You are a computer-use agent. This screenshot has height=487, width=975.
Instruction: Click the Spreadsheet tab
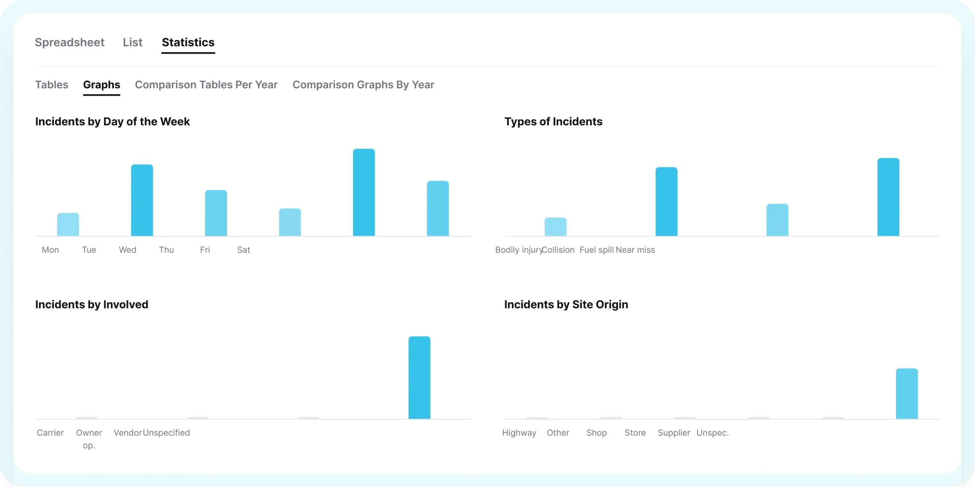tap(70, 42)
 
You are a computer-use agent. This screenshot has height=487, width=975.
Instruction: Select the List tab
tap(133, 42)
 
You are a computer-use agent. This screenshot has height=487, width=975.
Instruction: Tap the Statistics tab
tap(188, 42)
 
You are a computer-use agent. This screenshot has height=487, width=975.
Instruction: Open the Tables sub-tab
tap(52, 85)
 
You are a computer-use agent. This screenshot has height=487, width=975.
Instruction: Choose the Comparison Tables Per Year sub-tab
tap(206, 85)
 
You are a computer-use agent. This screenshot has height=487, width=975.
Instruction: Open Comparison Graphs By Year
tap(363, 85)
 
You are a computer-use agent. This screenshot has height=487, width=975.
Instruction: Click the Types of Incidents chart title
tap(553, 122)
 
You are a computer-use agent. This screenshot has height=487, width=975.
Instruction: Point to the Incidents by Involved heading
tap(92, 304)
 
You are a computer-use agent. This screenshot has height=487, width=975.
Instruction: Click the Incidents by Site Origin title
tap(566, 304)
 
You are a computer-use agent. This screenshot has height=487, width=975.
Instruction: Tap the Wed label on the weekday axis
tap(128, 250)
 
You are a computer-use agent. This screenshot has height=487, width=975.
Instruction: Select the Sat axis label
tap(244, 250)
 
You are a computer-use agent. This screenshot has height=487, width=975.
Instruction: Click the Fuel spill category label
tap(596, 250)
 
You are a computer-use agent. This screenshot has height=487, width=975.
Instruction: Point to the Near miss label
tap(635, 250)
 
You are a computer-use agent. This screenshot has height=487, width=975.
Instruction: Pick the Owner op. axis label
tap(89, 439)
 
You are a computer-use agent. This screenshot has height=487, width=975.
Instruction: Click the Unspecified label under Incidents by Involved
tap(166, 433)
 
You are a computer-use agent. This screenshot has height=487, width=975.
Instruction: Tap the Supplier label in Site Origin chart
tap(674, 433)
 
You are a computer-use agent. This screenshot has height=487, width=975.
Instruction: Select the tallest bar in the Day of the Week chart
tap(364, 192)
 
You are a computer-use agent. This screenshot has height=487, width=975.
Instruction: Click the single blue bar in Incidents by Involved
tap(419, 378)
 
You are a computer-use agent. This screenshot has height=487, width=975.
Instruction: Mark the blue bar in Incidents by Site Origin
tap(907, 394)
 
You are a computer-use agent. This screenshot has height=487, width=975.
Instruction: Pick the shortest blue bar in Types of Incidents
tap(555, 227)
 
